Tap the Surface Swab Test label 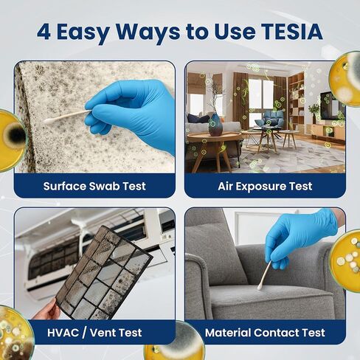point(94,186)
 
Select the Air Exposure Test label point(265,186)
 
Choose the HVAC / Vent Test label point(94,333)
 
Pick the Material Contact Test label point(265,333)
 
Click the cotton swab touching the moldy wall point(65,117)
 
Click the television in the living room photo point(327,108)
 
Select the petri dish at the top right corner point(345,77)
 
